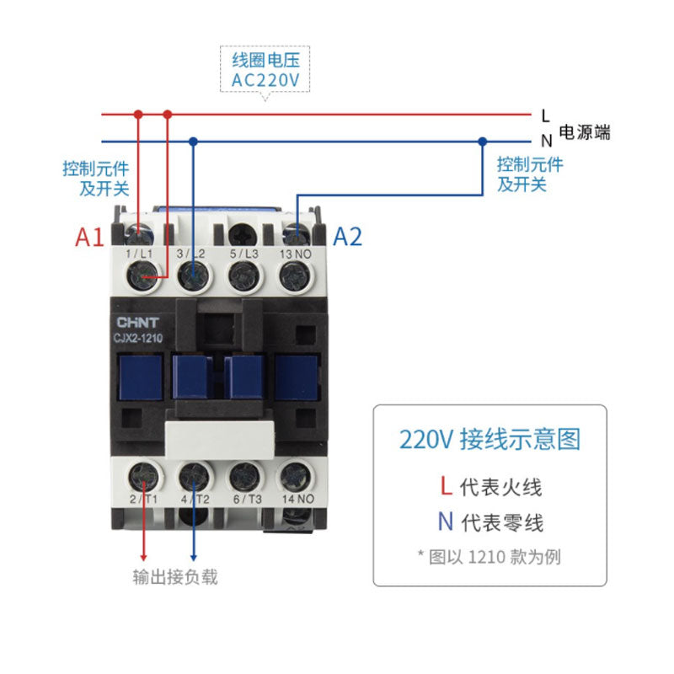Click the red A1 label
pyautogui.click(x=89, y=237)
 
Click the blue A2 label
pyautogui.click(x=347, y=237)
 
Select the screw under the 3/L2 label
pyautogui.click(x=194, y=273)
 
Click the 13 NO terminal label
pyautogui.click(x=294, y=254)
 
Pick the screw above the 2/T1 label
pyautogui.click(x=142, y=477)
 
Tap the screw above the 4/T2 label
pyautogui.click(x=194, y=477)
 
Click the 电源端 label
pyautogui.click(x=586, y=132)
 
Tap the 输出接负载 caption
pyautogui.click(x=175, y=578)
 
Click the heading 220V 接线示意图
pyautogui.click(x=489, y=440)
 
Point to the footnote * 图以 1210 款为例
pyautogui.click(x=489, y=556)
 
